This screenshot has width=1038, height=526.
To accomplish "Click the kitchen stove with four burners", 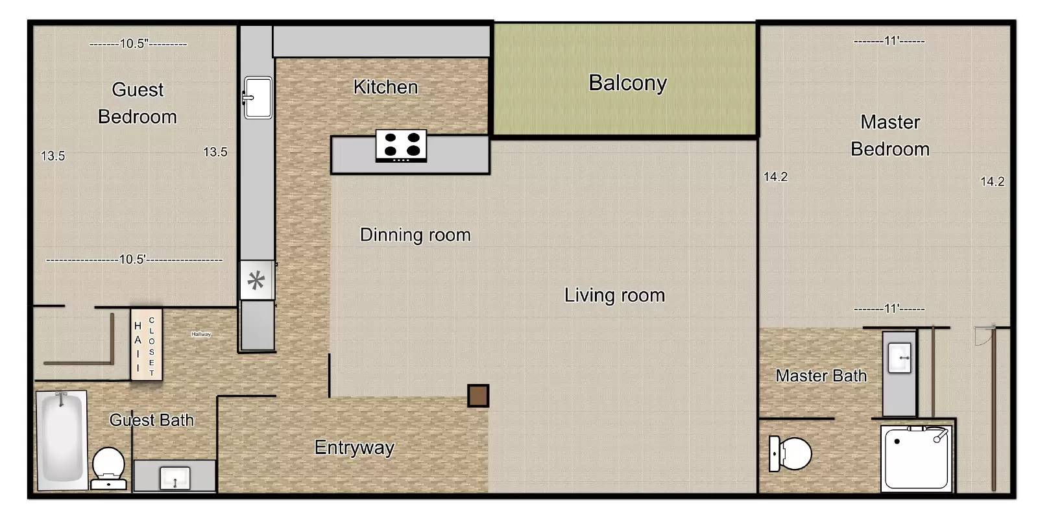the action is (x=401, y=145).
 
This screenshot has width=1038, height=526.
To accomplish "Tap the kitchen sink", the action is (x=258, y=98).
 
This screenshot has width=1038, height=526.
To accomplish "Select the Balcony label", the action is (x=627, y=83).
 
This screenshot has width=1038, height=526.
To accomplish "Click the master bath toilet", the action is (x=790, y=454).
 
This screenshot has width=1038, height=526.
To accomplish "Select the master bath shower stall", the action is (x=916, y=459).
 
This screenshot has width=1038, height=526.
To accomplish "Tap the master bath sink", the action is (x=899, y=358).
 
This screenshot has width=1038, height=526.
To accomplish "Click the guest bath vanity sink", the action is (x=175, y=478).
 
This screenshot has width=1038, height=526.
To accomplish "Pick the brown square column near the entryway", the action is (x=477, y=396).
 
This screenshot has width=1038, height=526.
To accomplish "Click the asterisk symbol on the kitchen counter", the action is (x=256, y=280).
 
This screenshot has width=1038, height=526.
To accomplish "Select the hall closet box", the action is (x=147, y=345).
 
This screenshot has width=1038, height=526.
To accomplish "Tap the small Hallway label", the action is (x=201, y=334).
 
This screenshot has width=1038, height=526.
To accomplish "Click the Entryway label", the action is (x=354, y=448).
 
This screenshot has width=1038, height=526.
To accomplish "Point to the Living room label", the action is (x=614, y=295).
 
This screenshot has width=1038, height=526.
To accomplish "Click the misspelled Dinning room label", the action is (x=415, y=235).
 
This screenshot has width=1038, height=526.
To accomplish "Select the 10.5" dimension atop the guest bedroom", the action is (x=138, y=43).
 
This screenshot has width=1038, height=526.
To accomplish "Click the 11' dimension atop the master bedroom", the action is (x=889, y=42).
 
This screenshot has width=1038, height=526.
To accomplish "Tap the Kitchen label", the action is (x=385, y=87).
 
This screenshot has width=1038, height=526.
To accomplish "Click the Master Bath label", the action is (x=821, y=376).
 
